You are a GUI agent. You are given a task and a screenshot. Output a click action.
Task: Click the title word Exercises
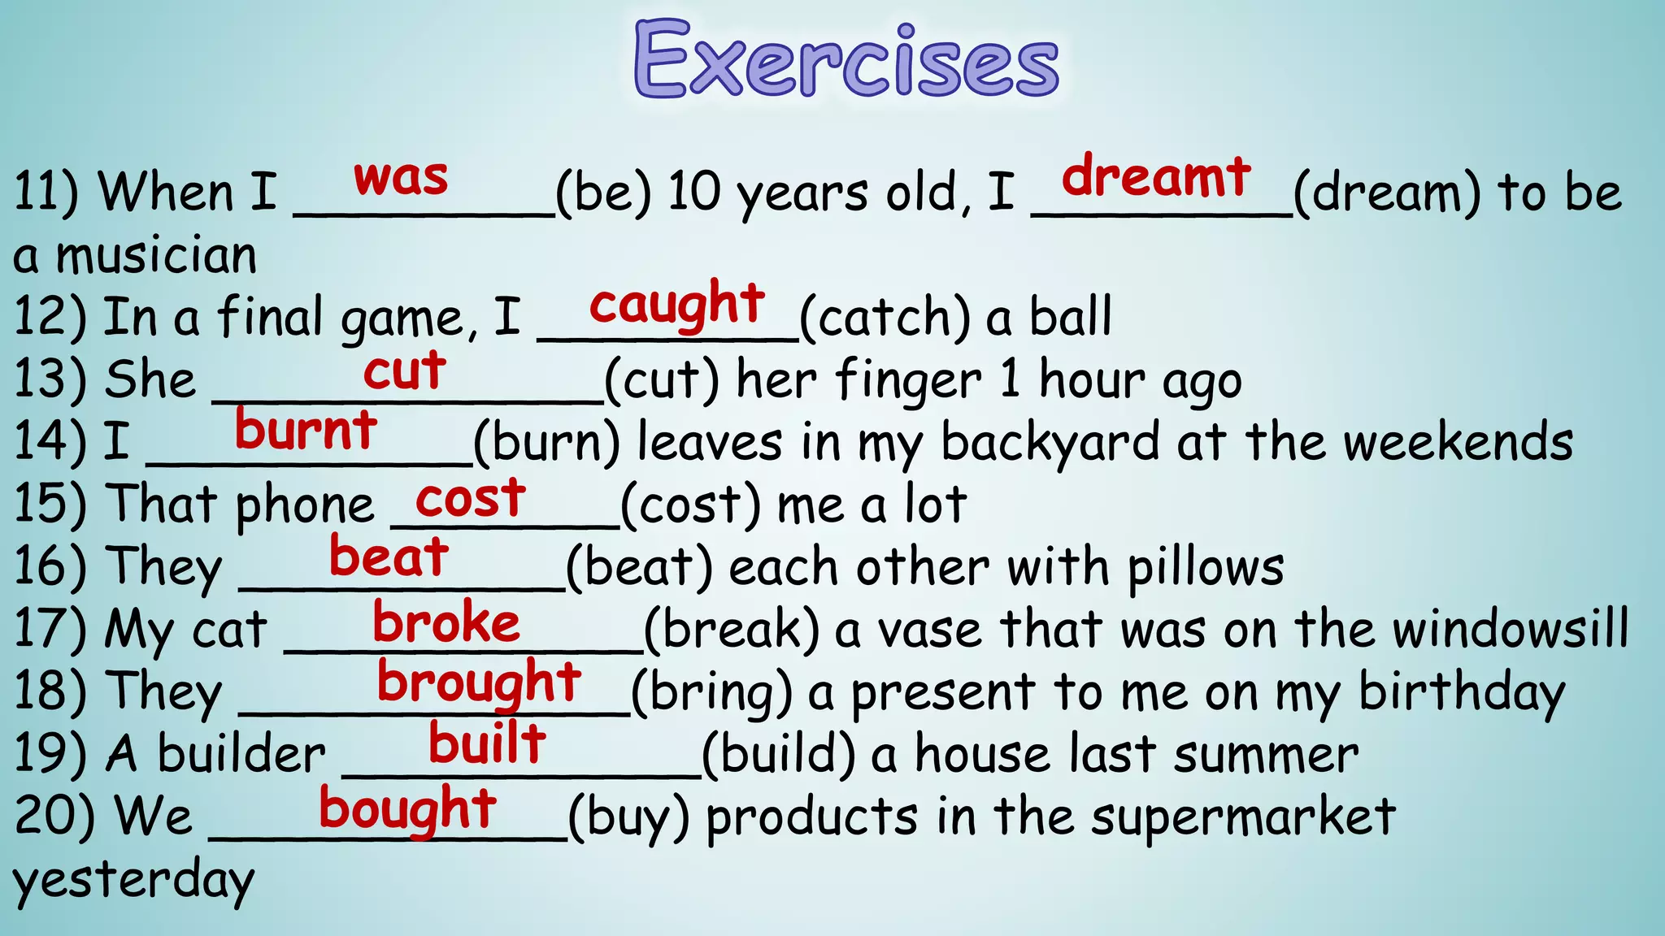pos(846,60)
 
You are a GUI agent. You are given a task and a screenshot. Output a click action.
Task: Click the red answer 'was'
pos(401,177)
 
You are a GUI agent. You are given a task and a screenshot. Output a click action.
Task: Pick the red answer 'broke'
pos(446,623)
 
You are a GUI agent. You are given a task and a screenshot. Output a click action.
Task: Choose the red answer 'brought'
pos(479,682)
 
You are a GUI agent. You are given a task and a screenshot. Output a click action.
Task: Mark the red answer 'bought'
pos(407,809)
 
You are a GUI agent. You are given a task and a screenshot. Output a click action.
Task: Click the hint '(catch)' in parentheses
pos(885,318)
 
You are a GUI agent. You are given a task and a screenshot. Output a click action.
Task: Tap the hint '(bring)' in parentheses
pos(711,693)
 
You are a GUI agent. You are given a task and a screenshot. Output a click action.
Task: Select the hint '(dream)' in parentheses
pos(1387,193)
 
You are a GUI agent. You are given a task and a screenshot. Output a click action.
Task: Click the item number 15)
pos(50,504)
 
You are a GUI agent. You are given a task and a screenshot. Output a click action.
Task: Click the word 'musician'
pos(156,255)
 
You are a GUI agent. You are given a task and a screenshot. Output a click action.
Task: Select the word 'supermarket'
pos(1243,817)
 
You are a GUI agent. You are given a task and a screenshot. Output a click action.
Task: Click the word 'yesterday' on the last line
pos(133,882)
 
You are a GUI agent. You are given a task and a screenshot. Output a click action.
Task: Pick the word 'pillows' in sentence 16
pos(1206,568)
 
